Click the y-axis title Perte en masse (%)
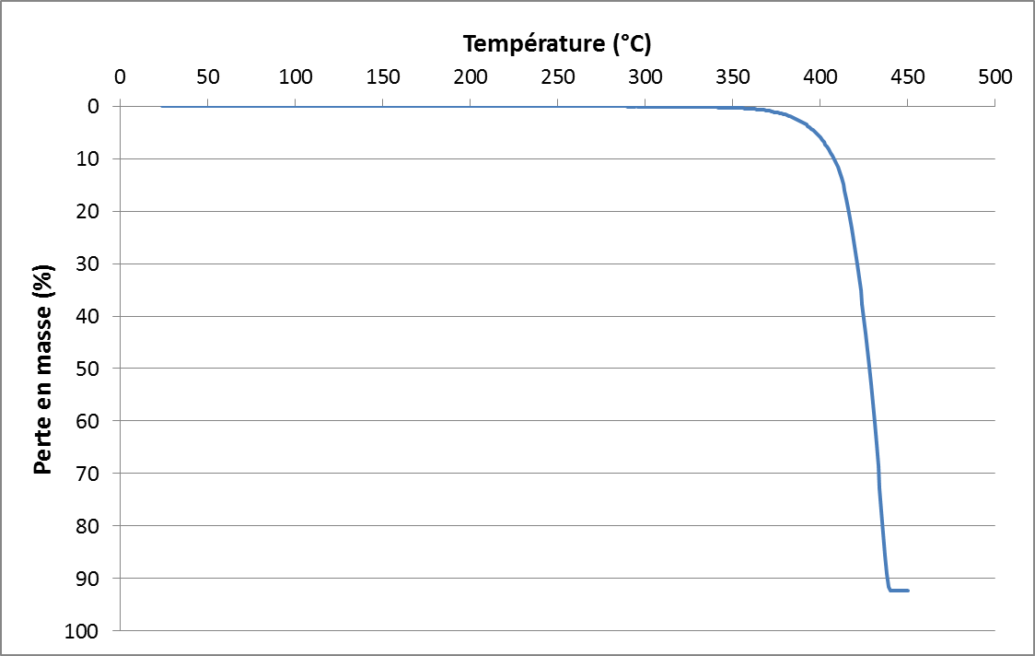(41, 369)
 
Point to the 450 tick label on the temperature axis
(907, 76)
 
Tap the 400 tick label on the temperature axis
(820, 76)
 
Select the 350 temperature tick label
(732, 76)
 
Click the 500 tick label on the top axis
(994, 76)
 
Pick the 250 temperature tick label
(557, 76)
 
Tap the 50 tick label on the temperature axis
(207, 76)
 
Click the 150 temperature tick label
(382, 76)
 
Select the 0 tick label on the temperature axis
(120, 76)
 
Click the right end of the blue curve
(909, 590)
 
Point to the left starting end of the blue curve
(162, 106)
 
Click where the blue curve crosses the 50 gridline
(869, 369)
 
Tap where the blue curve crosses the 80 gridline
(882, 526)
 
